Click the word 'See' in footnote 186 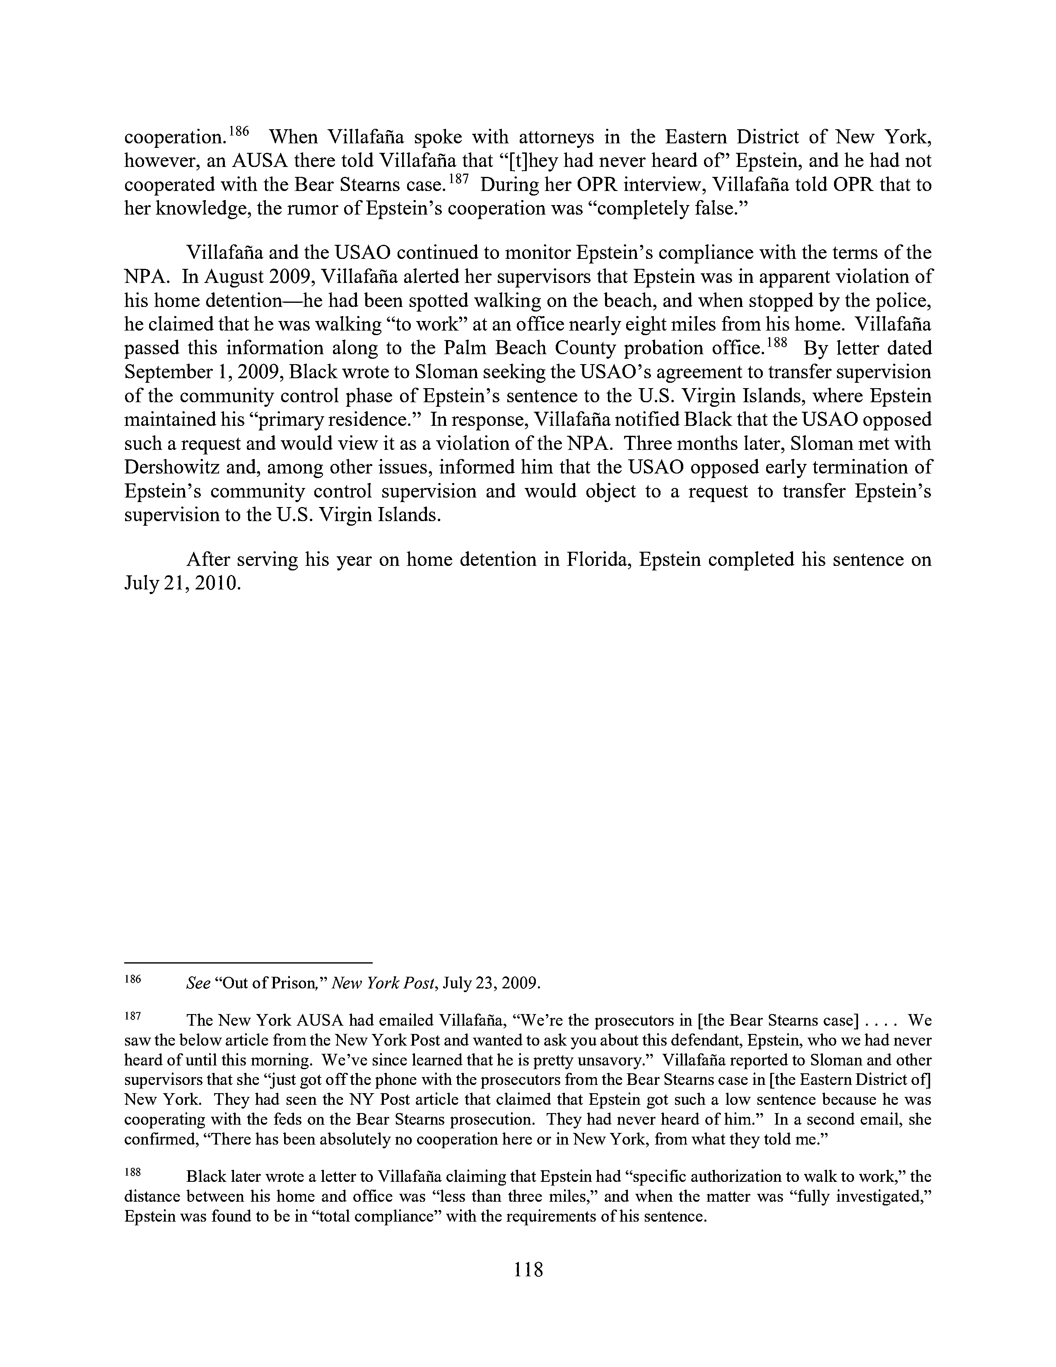[198, 983]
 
